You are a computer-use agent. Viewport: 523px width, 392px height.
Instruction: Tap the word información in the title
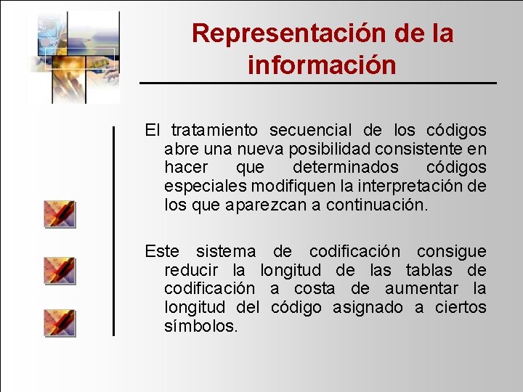pos(322,65)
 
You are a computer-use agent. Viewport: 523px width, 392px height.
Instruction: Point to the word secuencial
pos(310,130)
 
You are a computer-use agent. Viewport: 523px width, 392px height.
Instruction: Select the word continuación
pos(377,205)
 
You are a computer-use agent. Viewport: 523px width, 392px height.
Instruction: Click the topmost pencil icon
pos(60,214)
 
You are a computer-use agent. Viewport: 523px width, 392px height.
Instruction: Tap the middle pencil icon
pos(60,270)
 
